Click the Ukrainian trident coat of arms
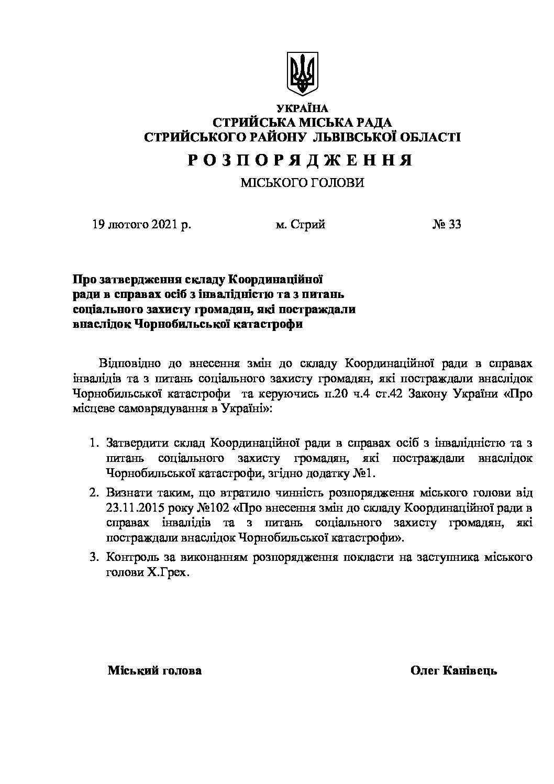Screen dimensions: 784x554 (x=303, y=74)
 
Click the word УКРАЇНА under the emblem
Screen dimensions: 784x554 (x=302, y=108)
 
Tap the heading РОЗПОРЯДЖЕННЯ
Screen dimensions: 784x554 (x=301, y=160)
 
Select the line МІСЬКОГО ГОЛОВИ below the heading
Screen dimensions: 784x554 (x=302, y=183)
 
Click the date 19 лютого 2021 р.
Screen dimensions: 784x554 (x=141, y=225)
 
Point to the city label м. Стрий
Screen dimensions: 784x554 (x=301, y=225)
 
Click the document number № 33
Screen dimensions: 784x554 (x=447, y=225)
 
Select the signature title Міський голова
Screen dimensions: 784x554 (x=154, y=670)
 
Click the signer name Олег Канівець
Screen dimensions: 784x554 (x=453, y=670)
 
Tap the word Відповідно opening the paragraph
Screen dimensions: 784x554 (x=126, y=363)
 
